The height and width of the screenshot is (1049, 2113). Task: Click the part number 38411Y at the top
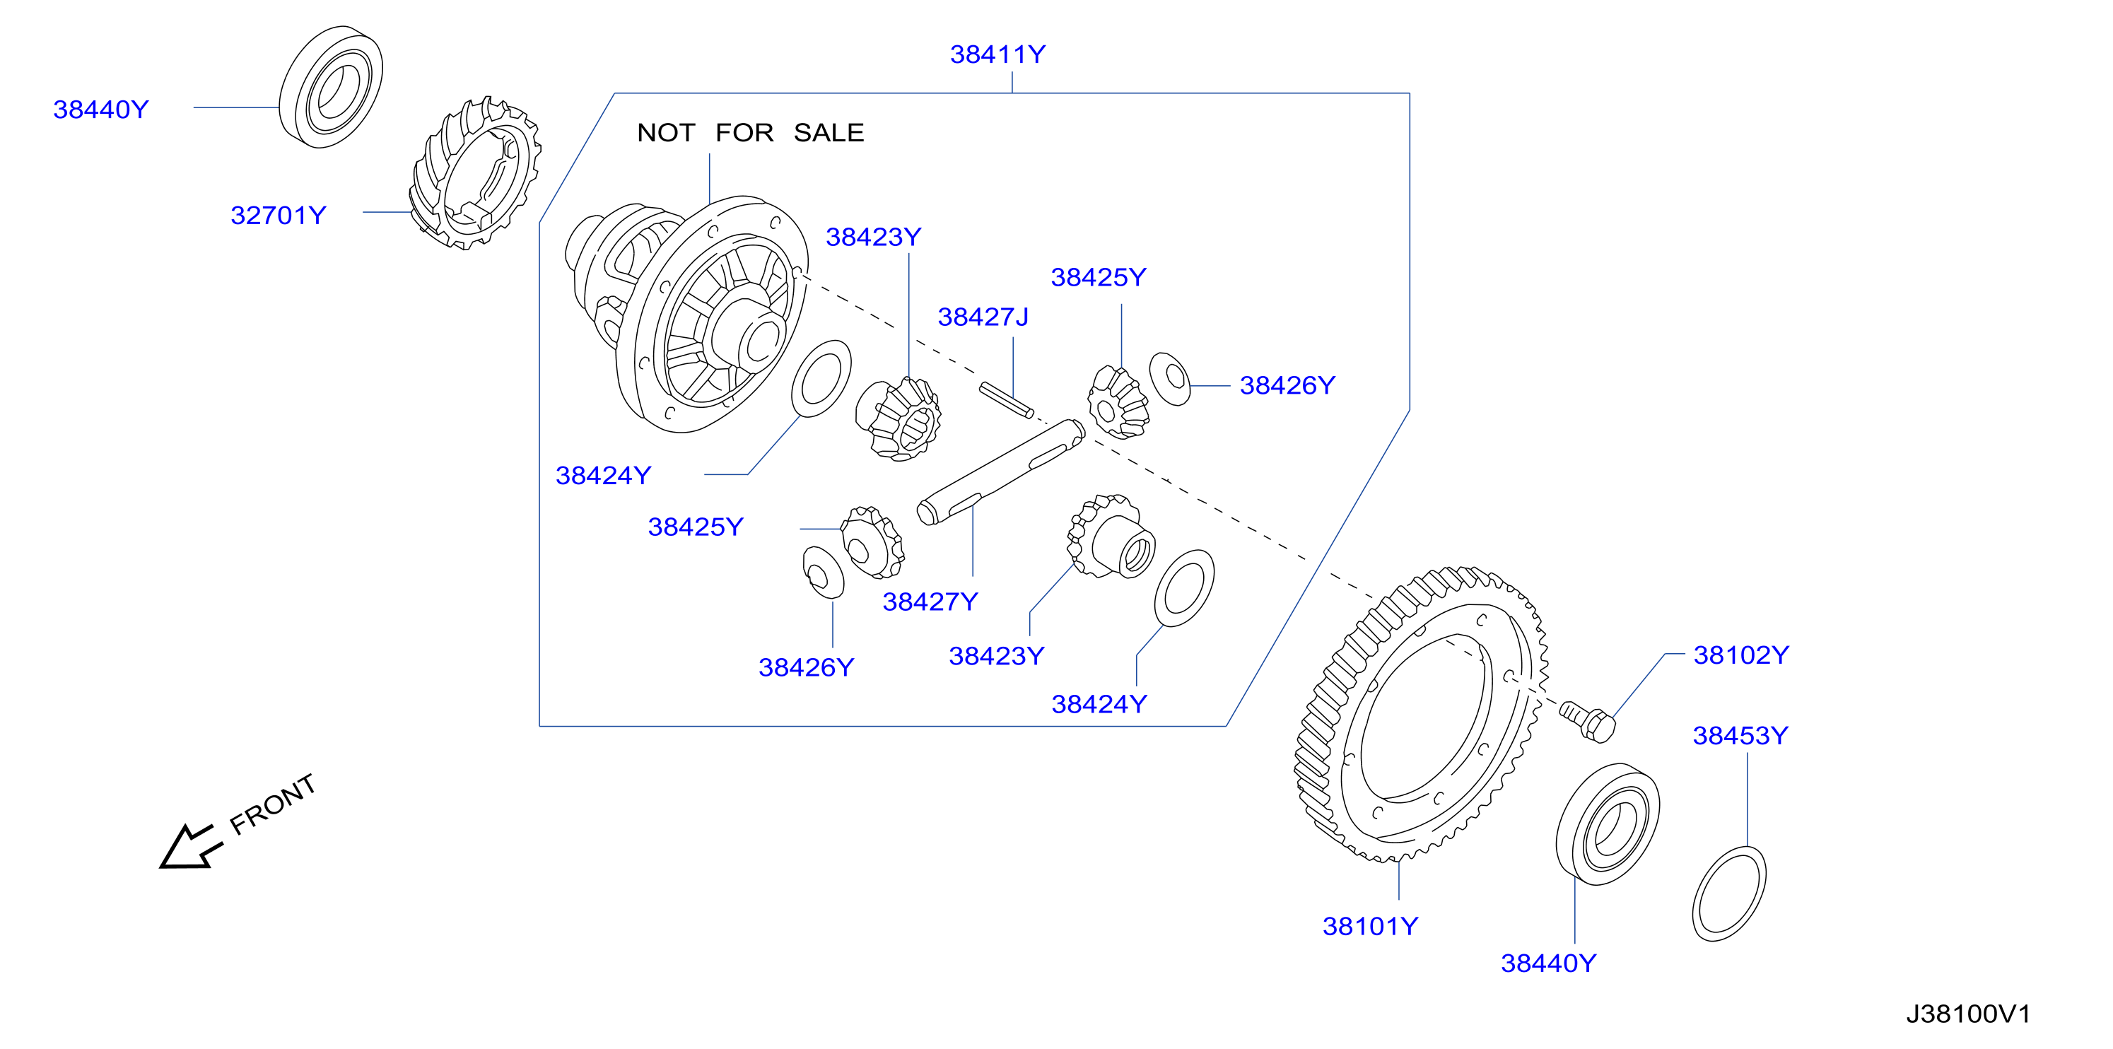(x=997, y=54)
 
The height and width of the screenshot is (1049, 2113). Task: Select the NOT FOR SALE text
(x=751, y=132)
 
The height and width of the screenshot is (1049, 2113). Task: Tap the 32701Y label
(x=278, y=215)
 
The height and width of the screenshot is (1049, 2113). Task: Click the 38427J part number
(x=983, y=317)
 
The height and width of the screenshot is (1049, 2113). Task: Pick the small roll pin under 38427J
(x=1007, y=400)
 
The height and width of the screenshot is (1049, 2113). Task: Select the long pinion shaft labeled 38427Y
(x=1001, y=471)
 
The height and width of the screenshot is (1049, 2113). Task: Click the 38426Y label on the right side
(x=1287, y=385)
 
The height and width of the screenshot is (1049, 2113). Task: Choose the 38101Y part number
(x=1370, y=926)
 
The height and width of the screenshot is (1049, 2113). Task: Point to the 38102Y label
(x=1740, y=655)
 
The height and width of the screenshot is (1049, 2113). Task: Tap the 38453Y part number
(x=1740, y=735)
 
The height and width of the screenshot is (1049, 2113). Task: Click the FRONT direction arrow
(x=191, y=846)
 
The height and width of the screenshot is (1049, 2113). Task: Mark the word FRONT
(x=272, y=804)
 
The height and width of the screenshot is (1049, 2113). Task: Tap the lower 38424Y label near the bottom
(x=1099, y=704)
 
